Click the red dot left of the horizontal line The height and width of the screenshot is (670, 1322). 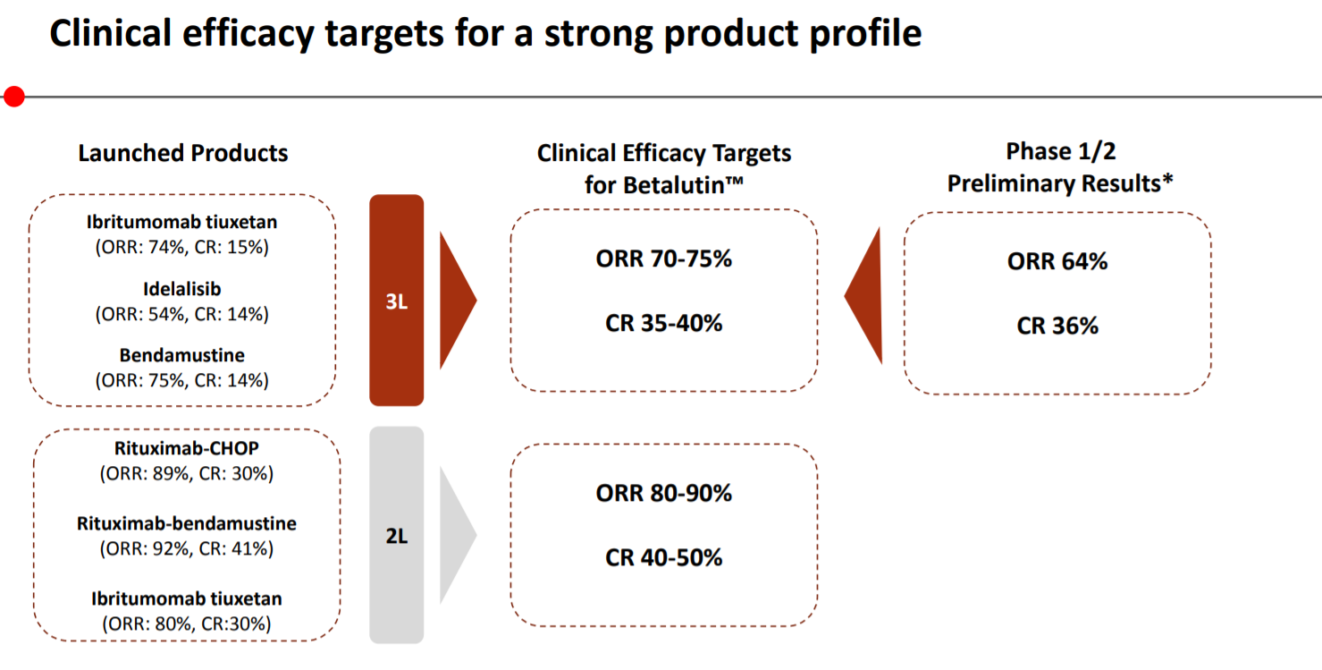pyautogui.click(x=13, y=97)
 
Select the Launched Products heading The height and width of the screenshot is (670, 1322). pyautogui.click(x=183, y=153)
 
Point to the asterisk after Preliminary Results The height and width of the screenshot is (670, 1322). pyautogui.click(x=1166, y=180)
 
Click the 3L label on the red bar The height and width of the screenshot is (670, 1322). pyautogui.click(x=397, y=301)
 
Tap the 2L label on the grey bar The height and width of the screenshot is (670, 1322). pyautogui.click(x=397, y=536)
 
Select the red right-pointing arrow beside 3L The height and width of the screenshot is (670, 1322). pyautogui.click(x=458, y=301)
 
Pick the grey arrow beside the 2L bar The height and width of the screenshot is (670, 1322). pyautogui.click(x=458, y=535)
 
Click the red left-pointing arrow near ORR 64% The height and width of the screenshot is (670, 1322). pyautogui.click(x=863, y=295)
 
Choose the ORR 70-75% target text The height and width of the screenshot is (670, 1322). pyautogui.click(x=664, y=259)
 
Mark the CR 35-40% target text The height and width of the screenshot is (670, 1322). pyautogui.click(x=664, y=323)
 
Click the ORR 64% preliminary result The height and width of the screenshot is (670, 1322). pyautogui.click(x=1057, y=261)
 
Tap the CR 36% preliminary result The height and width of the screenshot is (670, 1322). pyautogui.click(x=1057, y=326)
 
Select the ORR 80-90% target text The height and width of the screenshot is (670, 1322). pyautogui.click(x=664, y=494)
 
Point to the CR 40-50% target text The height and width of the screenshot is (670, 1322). pyautogui.click(x=664, y=558)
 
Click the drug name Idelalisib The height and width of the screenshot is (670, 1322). pyautogui.click(x=182, y=289)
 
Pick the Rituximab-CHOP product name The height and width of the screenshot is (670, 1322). pyautogui.click(x=187, y=448)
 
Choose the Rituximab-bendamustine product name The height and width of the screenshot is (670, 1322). pyautogui.click(x=187, y=523)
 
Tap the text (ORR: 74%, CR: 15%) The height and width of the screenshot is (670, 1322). pyautogui.click(x=182, y=247)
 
